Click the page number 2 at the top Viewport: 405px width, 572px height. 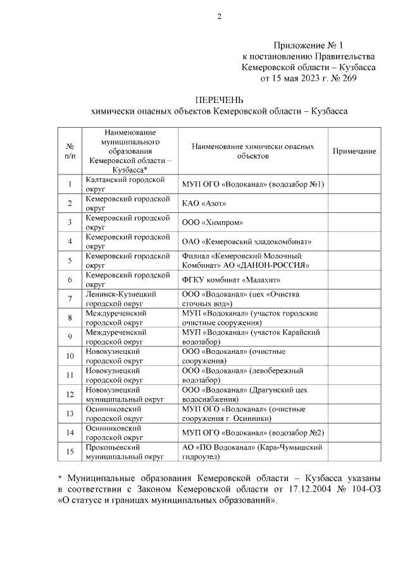219,17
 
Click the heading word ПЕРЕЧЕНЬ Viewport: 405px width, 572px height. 219,99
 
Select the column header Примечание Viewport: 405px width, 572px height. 354,151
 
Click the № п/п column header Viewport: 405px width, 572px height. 71,151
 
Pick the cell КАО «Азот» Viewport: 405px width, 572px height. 204,204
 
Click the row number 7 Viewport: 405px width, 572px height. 71,298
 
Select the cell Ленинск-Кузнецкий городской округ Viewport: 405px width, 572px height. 120,298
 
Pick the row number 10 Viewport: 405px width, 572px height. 71,355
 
